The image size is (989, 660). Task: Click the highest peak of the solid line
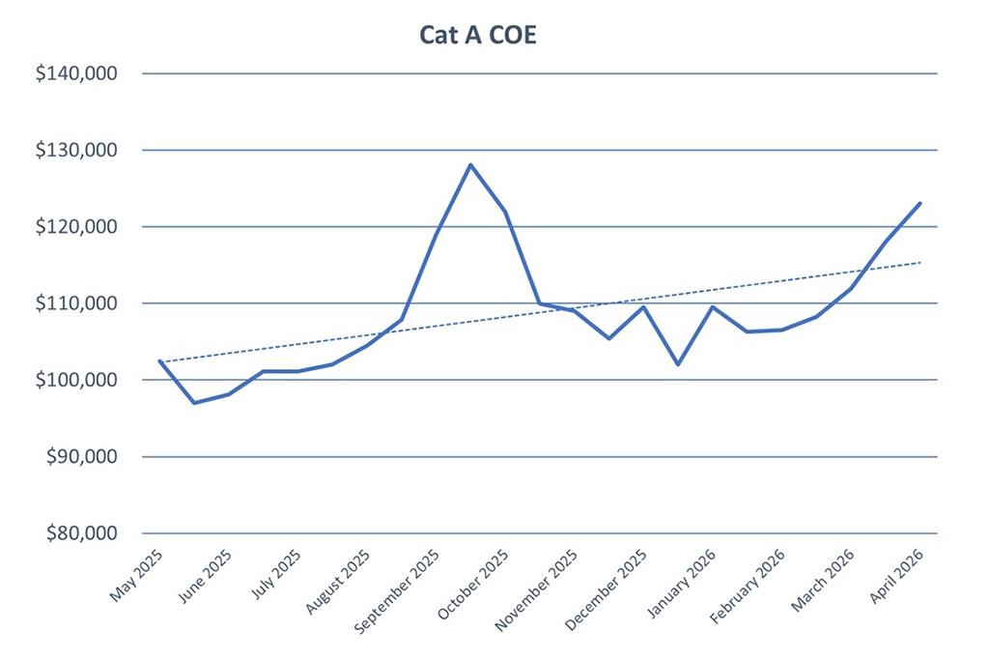(x=470, y=164)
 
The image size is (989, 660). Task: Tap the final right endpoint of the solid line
(x=920, y=203)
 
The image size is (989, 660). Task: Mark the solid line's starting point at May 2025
(x=159, y=360)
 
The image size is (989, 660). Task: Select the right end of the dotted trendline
(x=920, y=262)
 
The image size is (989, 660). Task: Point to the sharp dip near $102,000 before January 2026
(x=678, y=364)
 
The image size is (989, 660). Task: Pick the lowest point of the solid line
(x=194, y=403)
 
